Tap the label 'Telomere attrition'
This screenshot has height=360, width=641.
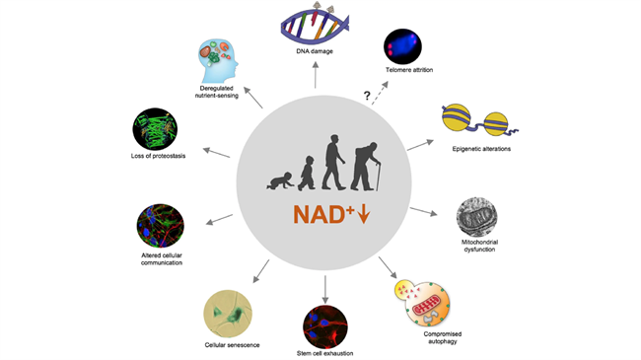point(409,70)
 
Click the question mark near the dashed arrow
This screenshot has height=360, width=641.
point(367,96)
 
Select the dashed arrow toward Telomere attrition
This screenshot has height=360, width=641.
point(380,93)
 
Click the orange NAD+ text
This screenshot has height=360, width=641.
point(323,214)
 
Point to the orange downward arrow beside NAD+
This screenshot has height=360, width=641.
point(364,214)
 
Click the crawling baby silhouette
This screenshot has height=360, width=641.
point(280,181)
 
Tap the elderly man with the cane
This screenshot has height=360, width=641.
point(366,167)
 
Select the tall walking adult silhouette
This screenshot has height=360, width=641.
point(333,163)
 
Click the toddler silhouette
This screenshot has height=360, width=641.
point(306,173)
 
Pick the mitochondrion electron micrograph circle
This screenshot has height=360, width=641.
point(476,217)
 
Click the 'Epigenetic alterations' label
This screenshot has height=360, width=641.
point(481,149)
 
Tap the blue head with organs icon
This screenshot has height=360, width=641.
point(218,61)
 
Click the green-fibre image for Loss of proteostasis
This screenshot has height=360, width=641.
point(155,129)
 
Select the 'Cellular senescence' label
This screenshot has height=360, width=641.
point(232,345)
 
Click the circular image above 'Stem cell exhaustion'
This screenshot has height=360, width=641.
point(325,326)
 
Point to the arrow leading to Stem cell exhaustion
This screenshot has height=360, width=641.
point(325,289)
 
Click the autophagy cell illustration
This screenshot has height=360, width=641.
point(422,303)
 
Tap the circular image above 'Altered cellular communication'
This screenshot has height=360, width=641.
point(160,226)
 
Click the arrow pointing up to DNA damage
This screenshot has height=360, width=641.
point(316,74)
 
